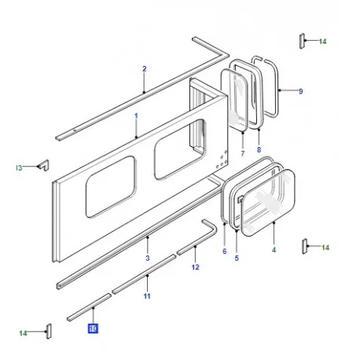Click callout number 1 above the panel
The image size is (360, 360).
[135, 116]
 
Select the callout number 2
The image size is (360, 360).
[145, 69]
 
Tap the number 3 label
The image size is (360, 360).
[147, 258]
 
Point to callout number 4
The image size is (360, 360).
[274, 250]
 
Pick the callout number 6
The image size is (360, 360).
[224, 251]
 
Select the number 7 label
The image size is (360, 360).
[242, 152]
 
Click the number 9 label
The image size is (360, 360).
[300, 92]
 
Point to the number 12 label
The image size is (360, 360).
[196, 268]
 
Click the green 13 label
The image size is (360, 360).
[18, 167]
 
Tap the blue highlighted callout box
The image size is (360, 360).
[93, 329]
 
